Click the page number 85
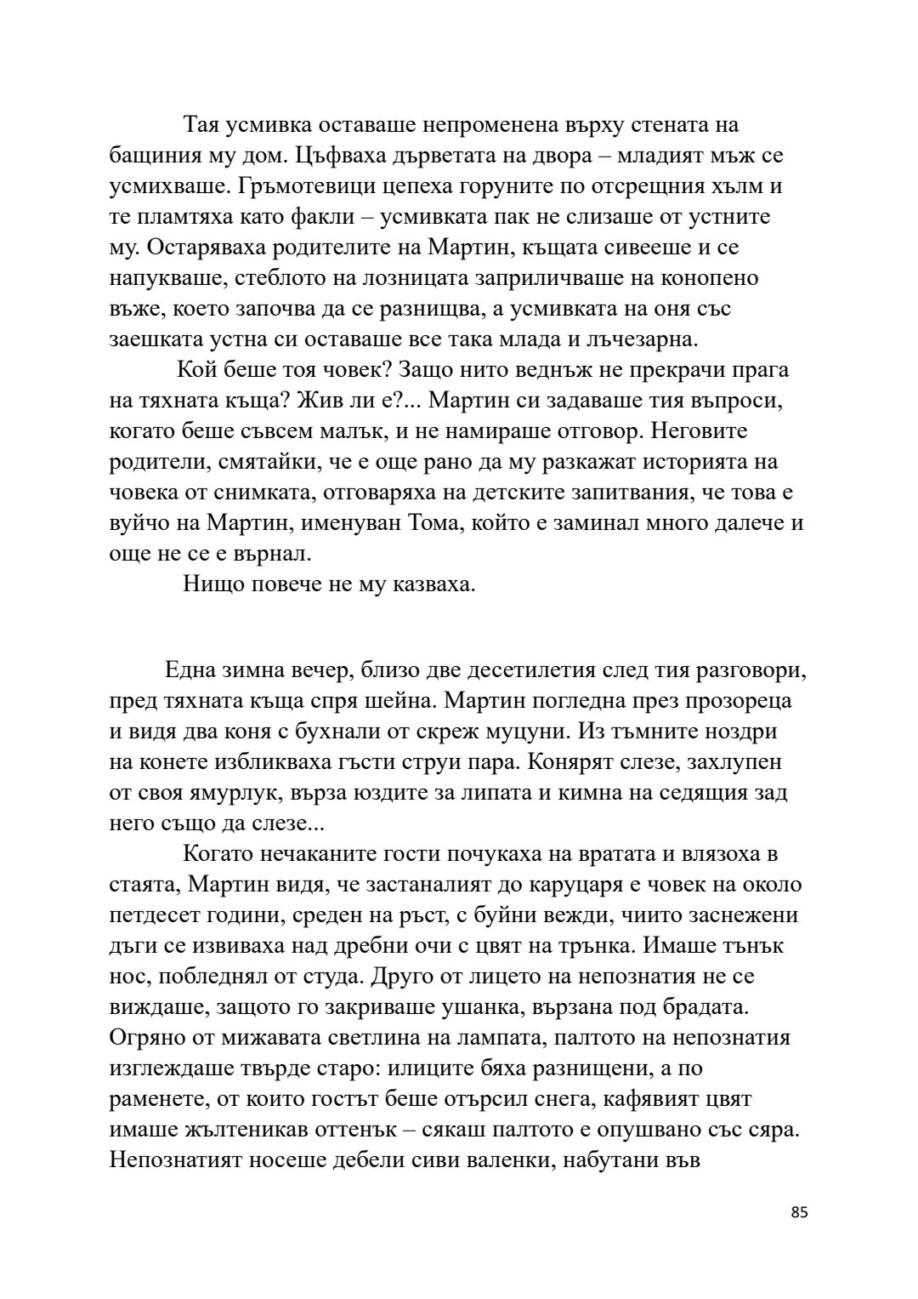[x=799, y=1212]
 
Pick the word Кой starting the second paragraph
[x=197, y=370]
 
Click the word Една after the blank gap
[x=193, y=670]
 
